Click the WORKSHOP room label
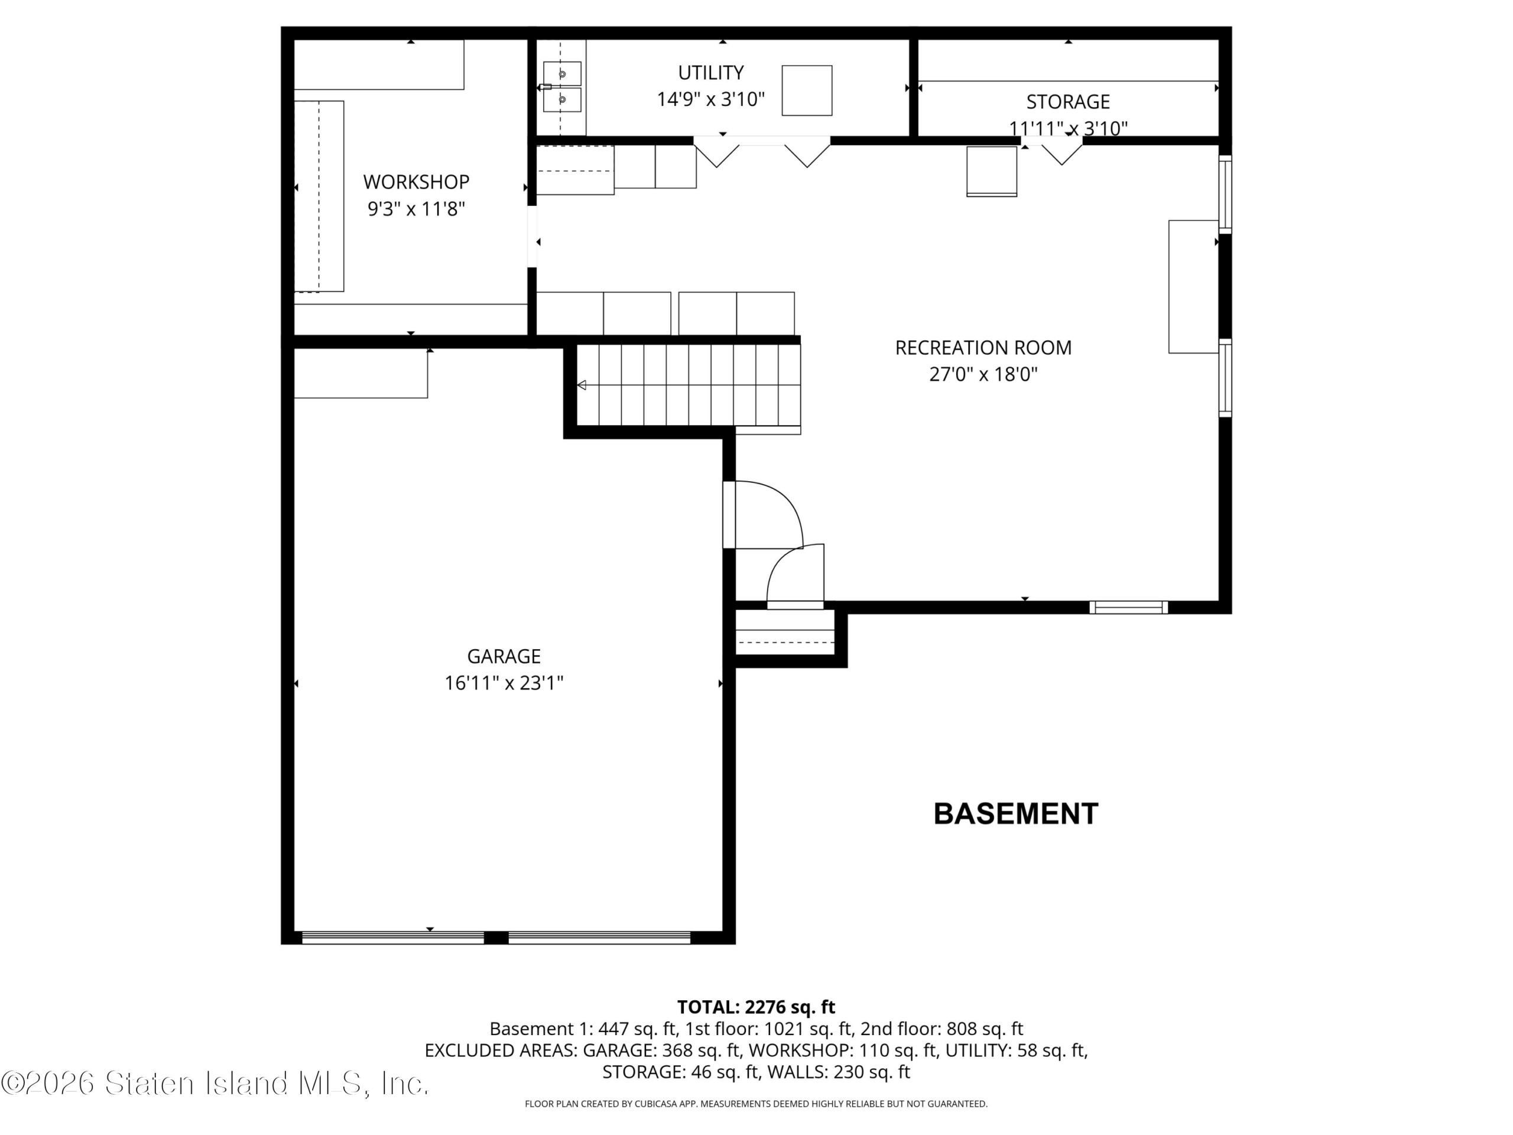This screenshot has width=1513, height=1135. (x=416, y=182)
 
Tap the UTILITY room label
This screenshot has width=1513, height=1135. (x=710, y=73)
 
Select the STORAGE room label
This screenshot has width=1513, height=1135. (x=1068, y=102)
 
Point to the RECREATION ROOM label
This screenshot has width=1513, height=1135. (x=983, y=348)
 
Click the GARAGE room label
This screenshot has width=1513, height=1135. (x=504, y=656)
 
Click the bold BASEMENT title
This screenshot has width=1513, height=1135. (x=1016, y=813)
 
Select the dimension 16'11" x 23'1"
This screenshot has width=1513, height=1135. (x=504, y=683)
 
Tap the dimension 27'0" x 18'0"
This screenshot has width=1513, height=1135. (x=983, y=374)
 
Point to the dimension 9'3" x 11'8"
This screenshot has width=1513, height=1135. (x=416, y=209)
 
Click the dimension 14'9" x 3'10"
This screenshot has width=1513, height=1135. (x=710, y=100)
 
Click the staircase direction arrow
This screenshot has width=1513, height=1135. (x=582, y=385)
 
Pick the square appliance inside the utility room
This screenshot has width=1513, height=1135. (x=807, y=90)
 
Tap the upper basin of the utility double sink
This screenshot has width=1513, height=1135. (x=562, y=73)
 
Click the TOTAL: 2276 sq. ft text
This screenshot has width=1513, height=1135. (x=756, y=1007)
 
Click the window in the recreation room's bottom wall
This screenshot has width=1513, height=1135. (x=1129, y=607)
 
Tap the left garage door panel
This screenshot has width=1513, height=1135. (x=393, y=938)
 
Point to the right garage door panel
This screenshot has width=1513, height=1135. (x=600, y=938)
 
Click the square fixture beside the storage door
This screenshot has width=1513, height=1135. (x=992, y=171)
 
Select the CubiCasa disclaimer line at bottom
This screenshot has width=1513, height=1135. (x=756, y=1104)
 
